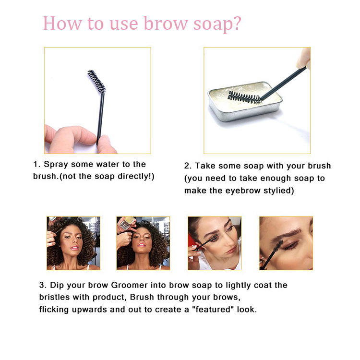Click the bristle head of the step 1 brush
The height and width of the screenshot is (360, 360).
point(96,81)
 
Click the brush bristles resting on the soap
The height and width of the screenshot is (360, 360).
point(244,97)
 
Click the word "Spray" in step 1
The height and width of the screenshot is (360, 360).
point(56,165)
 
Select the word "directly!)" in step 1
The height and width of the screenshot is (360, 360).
point(136,176)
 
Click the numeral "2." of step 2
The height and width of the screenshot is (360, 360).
point(187,166)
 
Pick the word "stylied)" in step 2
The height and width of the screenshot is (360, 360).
point(278,191)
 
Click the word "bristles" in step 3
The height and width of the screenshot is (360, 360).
point(54,297)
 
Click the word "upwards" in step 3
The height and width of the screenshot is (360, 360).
point(90,310)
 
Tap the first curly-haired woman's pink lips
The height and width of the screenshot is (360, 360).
point(74,248)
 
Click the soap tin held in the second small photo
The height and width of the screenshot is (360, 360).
point(127,222)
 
